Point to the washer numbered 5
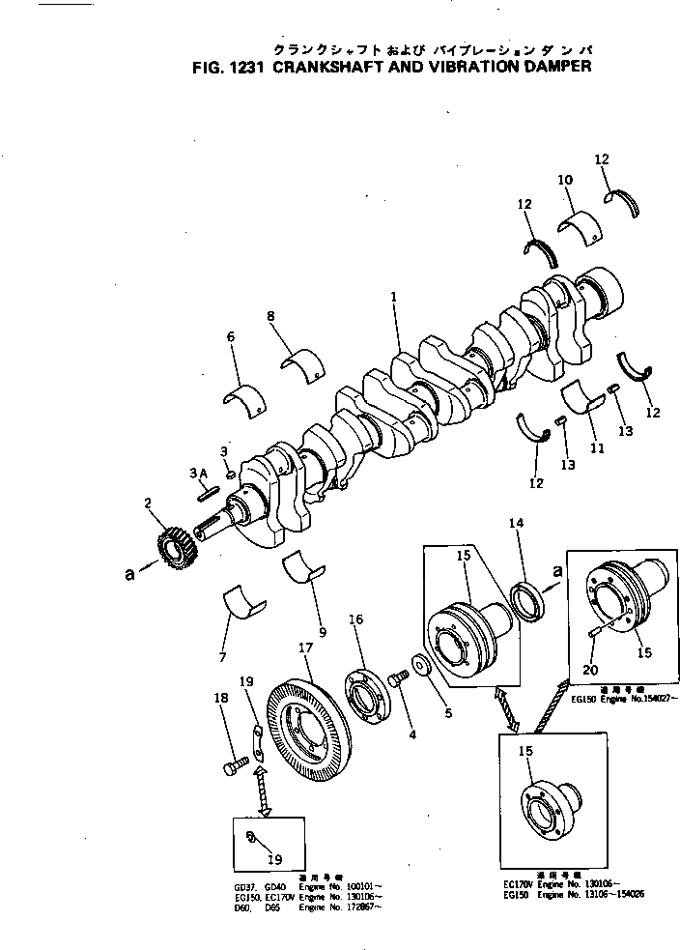(420, 668)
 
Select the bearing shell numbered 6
(244, 398)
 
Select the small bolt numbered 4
(396, 680)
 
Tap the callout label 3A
(199, 473)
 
